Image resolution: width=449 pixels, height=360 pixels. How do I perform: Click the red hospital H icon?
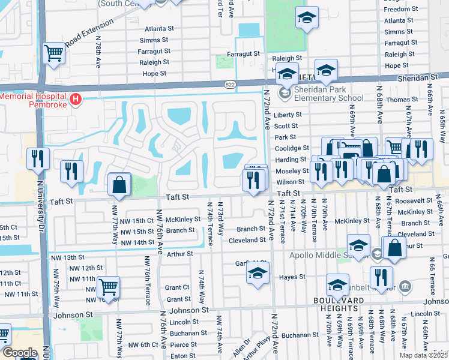(76, 100)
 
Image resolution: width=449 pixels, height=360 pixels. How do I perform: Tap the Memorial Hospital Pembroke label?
(34, 100)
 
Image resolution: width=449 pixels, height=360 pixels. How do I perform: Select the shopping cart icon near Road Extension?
(54, 53)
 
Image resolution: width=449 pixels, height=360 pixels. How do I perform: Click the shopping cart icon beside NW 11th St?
(107, 287)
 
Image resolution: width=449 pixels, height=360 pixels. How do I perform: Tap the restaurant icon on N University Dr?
(38, 158)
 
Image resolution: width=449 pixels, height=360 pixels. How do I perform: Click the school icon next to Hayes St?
(256, 273)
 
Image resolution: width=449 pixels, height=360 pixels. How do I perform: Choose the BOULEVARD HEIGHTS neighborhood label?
(338, 300)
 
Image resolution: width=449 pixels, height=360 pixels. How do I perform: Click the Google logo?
(19, 353)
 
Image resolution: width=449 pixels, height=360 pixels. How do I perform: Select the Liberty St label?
(286, 115)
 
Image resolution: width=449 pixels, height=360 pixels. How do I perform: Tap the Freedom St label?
(397, 9)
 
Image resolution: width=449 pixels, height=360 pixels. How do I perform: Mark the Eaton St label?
(179, 356)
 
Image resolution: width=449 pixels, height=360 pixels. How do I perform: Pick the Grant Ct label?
(178, 288)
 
